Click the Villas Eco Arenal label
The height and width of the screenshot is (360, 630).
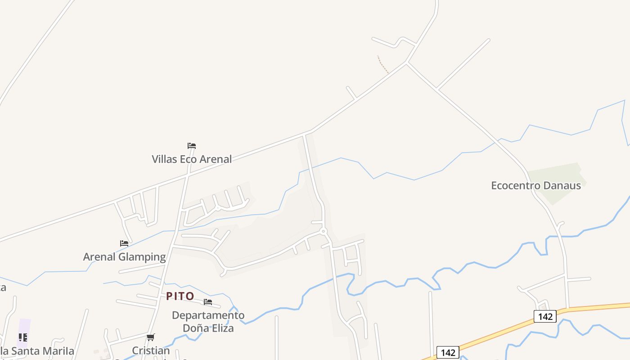click(x=192, y=159)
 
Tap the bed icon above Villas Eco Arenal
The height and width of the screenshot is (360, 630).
click(x=192, y=146)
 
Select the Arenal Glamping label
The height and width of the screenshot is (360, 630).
click(x=124, y=257)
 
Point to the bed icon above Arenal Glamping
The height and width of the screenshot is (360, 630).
click(x=124, y=243)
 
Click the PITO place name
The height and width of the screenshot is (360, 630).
click(x=180, y=296)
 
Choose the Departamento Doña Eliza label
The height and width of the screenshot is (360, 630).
click(x=208, y=321)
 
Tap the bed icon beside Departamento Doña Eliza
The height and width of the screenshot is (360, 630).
click(x=208, y=302)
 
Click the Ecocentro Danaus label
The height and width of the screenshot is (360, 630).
click(x=535, y=185)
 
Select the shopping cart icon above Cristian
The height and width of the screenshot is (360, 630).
click(x=151, y=337)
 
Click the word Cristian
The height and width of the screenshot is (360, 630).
click(x=151, y=350)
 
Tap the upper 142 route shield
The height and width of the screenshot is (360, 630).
click(x=545, y=316)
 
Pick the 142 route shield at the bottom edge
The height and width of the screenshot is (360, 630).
click(x=448, y=352)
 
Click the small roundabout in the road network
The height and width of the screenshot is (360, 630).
click(x=323, y=231)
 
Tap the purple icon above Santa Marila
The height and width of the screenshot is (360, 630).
click(x=23, y=337)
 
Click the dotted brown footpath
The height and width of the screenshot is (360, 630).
click(x=383, y=64)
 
